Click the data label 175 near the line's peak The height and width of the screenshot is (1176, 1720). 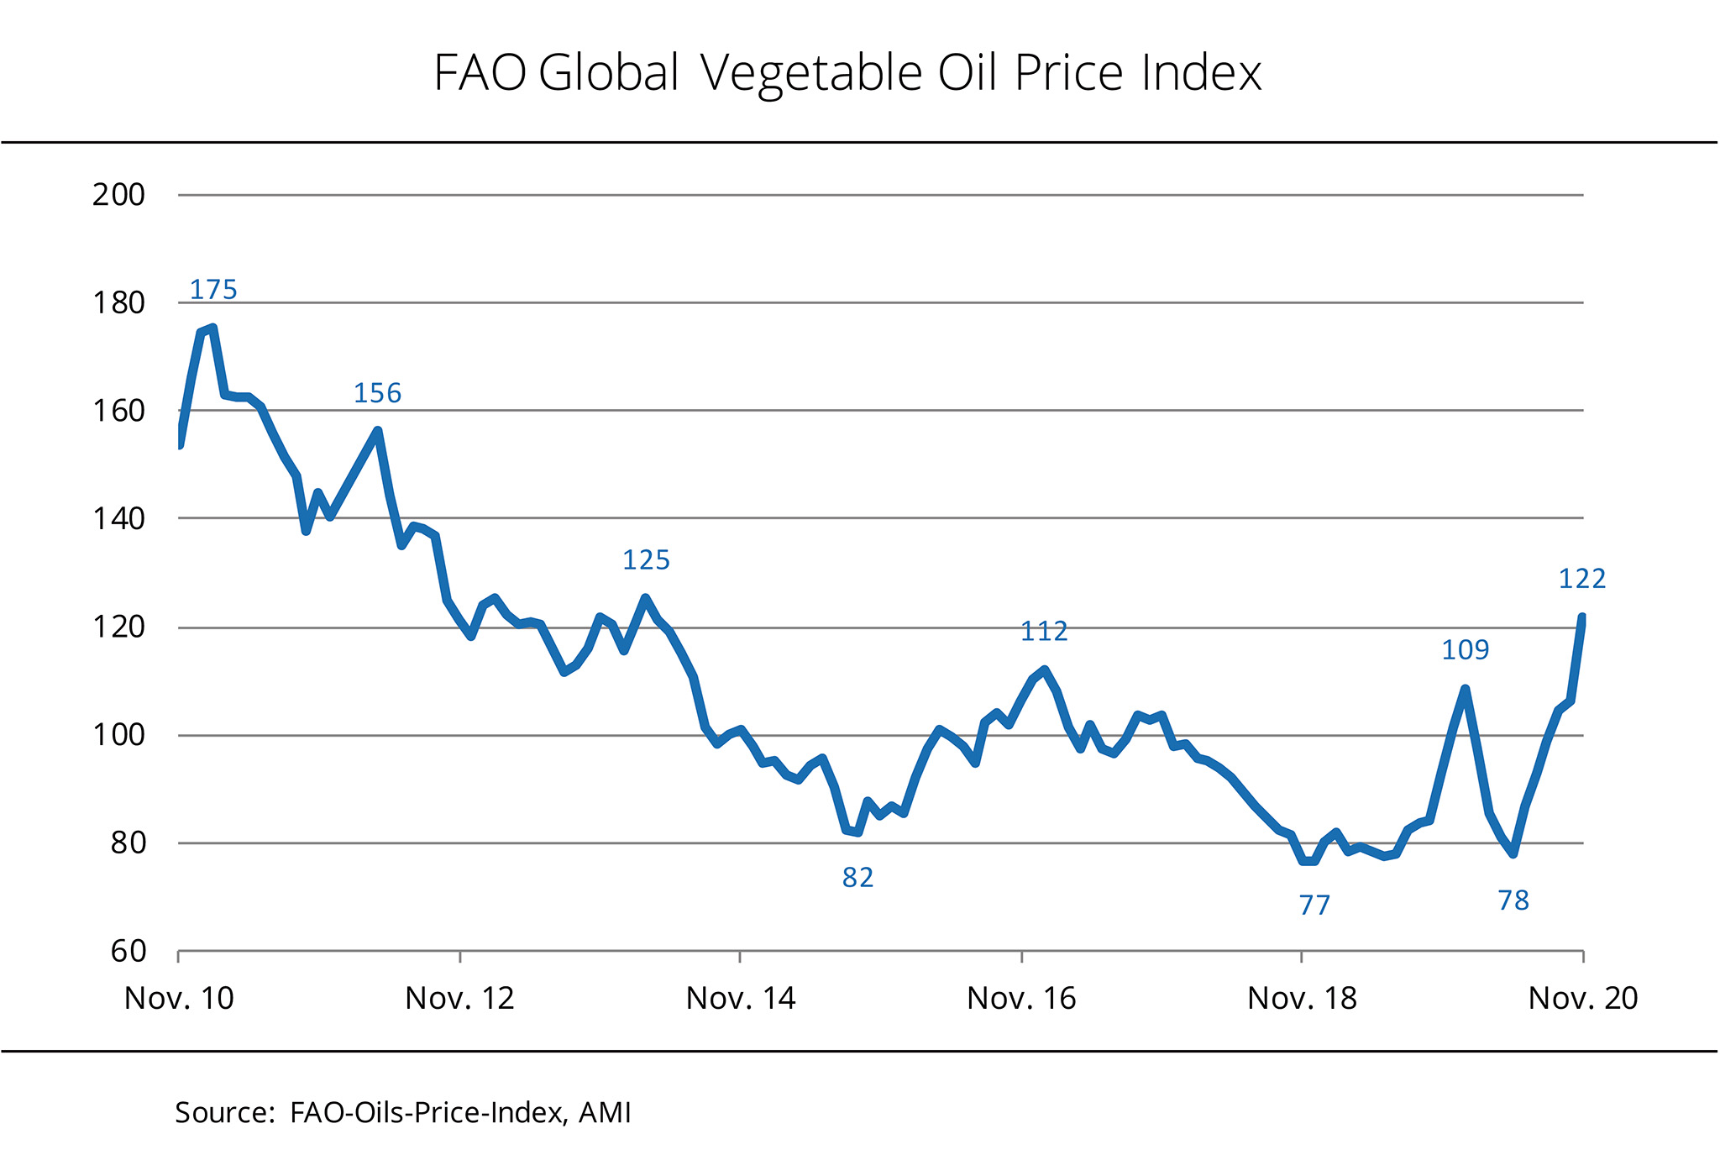coord(213,290)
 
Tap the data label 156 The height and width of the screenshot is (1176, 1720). coord(377,393)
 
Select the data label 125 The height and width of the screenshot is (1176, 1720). coord(646,560)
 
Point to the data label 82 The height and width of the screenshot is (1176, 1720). coord(857,878)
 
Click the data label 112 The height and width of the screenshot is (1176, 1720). coord(1044,631)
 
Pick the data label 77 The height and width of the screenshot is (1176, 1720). coord(1314,906)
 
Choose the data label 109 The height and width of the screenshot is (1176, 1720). coord(1465,650)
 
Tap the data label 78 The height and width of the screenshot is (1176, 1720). coord(1513,901)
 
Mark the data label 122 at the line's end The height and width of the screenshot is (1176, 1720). coord(1581,579)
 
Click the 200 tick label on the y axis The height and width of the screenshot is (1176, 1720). coord(118,195)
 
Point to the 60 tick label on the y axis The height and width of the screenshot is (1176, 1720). coord(128,952)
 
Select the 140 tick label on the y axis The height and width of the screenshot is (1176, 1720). coord(118,519)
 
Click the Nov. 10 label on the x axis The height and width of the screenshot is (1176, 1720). coord(179,999)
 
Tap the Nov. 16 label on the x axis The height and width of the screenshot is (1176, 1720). coord(1021,999)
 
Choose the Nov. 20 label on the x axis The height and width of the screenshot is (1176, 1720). coord(1583,999)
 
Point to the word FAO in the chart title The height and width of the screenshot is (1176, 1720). coord(480,73)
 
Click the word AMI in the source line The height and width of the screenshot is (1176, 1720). coord(605,1113)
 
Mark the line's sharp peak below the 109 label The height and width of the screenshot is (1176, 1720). coord(1465,690)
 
